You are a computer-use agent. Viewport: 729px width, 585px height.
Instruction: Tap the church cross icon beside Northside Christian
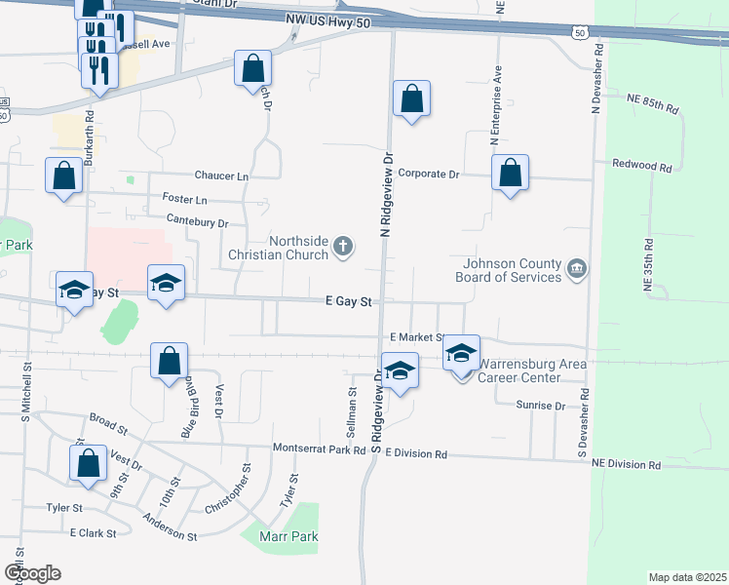pyautogui.click(x=343, y=247)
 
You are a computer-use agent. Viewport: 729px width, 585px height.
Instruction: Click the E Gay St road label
pyautogui.click(x=350, y=302)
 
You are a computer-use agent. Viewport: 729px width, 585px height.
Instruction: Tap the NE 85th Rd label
pyautogui.click(x=652, y=103)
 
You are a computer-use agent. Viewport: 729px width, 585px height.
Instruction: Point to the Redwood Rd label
pyautogui.click(x=642, y=167)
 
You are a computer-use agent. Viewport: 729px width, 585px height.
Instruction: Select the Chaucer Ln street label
pyautogui.click(x=221, y=176)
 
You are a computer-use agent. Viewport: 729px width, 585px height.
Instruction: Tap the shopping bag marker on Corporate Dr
pyautogui.click(x=510, y=174)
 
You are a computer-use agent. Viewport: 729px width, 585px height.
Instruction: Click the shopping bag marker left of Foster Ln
pyautogui.click(x=64, y=176)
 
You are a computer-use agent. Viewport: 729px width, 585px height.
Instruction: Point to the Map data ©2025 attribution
pyautogui.click(x=687, y=577)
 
